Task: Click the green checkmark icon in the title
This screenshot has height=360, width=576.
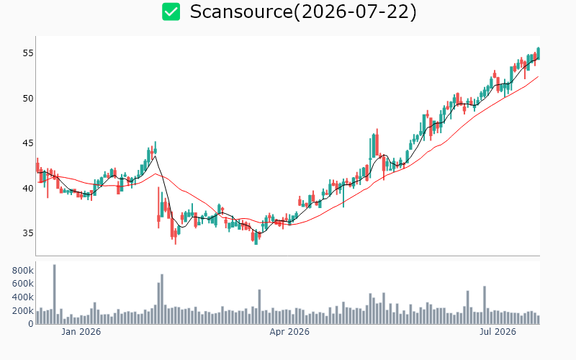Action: tap(171, 12)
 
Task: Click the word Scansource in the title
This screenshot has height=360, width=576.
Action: tap(241, 12)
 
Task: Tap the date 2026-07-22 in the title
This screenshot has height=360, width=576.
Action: tap(354, 12)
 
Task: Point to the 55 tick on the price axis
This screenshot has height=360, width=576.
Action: tap(28, 53)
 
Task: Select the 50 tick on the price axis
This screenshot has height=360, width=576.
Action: tap(28, 99)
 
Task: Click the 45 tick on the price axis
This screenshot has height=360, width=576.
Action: tap(28, 143)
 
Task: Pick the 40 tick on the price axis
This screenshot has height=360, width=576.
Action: tap(28, 189)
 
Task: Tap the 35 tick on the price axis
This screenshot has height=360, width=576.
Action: tap(28, 233)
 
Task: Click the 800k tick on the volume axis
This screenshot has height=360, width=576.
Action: tap(23, 271)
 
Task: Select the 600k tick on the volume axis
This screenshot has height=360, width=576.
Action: tap(23, 284)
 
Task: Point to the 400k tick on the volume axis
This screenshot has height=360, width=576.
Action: tap(23, 297)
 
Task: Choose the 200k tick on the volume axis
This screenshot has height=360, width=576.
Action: tap(23, 311)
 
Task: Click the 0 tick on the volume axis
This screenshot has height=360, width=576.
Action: tap(31, 324)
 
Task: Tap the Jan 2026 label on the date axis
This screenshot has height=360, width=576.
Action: tap(81, 332)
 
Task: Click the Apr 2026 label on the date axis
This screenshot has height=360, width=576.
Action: tap(289, 332)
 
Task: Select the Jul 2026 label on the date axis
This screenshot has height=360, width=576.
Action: tap(498, 332)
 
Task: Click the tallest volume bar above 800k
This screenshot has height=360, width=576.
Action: tap(55, 294)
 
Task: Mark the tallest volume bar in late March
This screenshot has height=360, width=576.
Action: tap(259, 307)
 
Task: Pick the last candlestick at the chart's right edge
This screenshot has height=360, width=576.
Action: tap(538, 53)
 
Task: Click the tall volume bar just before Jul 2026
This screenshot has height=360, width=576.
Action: tap(485, 305)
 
